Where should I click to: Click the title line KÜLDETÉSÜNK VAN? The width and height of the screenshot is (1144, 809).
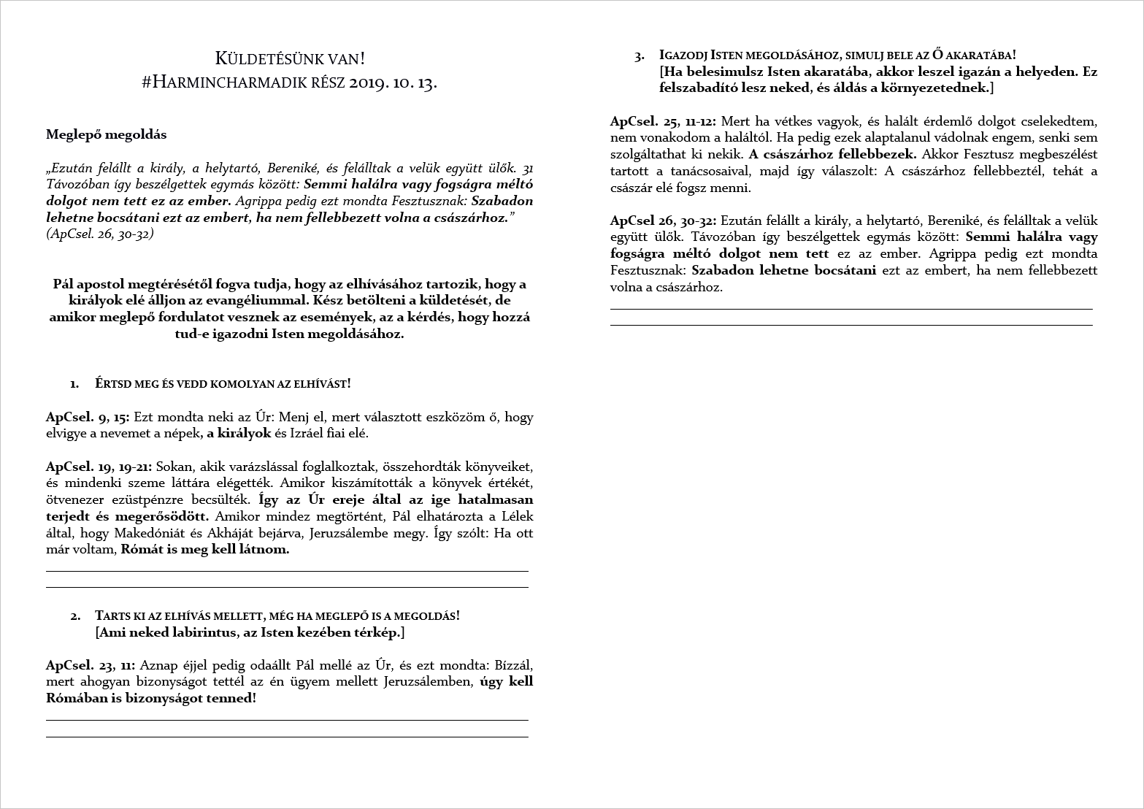click(x=290, y=58)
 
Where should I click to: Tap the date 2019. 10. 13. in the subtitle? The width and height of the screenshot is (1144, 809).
click(x=393, y=82)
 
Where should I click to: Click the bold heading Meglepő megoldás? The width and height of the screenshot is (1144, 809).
click(x=106, y=134)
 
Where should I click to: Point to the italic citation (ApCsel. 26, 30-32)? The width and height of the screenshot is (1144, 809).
click(x=99, y=234)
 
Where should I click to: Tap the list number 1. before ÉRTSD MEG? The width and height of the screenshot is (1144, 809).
click(x=74, y=383)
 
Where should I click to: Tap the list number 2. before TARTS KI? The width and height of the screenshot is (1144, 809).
click(x=75, y=616)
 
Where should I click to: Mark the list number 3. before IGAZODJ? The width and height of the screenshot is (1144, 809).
click(x=640, y=55)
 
